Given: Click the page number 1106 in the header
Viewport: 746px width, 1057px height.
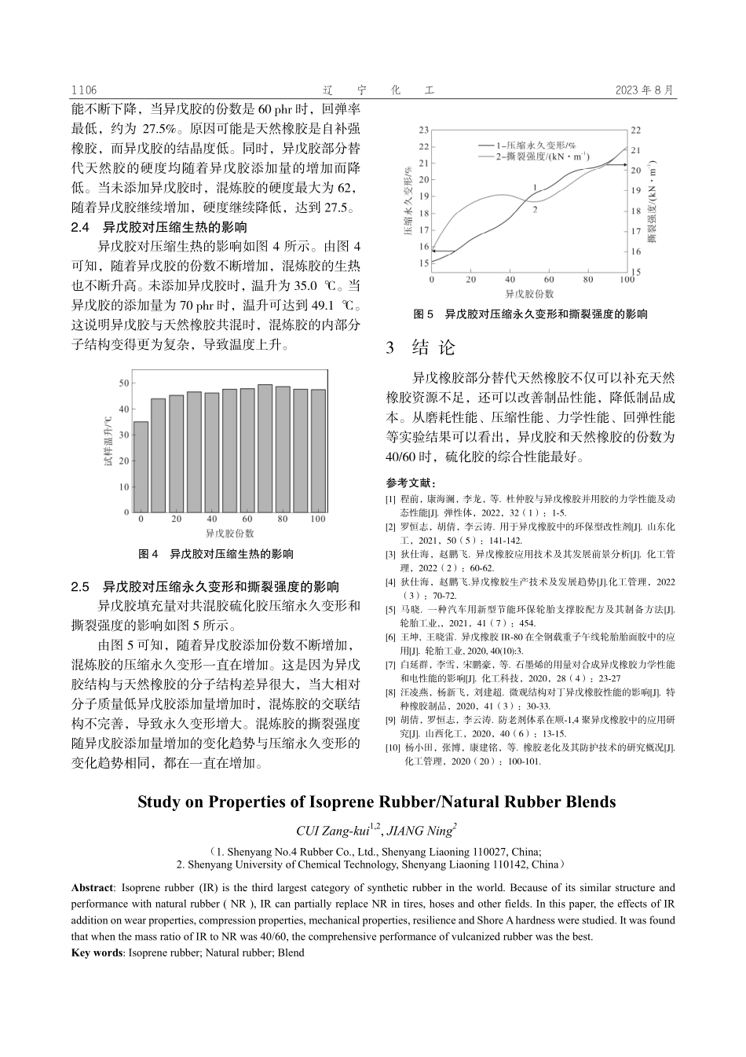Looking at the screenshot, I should (83, 90).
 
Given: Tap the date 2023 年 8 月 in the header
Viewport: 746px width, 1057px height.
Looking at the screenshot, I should (645, 90).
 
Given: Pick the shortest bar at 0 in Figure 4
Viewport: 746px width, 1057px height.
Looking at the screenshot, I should (141, 467).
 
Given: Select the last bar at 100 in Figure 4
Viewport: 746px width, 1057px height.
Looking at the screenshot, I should (318, 451).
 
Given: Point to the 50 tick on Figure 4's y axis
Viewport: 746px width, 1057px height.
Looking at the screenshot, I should (124, 384).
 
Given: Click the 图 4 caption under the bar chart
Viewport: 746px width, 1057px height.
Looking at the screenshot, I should (215, 554).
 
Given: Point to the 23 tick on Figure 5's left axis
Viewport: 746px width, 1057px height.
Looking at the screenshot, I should (424, 129).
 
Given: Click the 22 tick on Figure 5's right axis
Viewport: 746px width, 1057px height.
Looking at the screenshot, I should (635, 130).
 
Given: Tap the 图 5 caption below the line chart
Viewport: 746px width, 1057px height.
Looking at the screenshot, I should (530, 314).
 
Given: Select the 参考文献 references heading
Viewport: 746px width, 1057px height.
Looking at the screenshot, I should (411, 483).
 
